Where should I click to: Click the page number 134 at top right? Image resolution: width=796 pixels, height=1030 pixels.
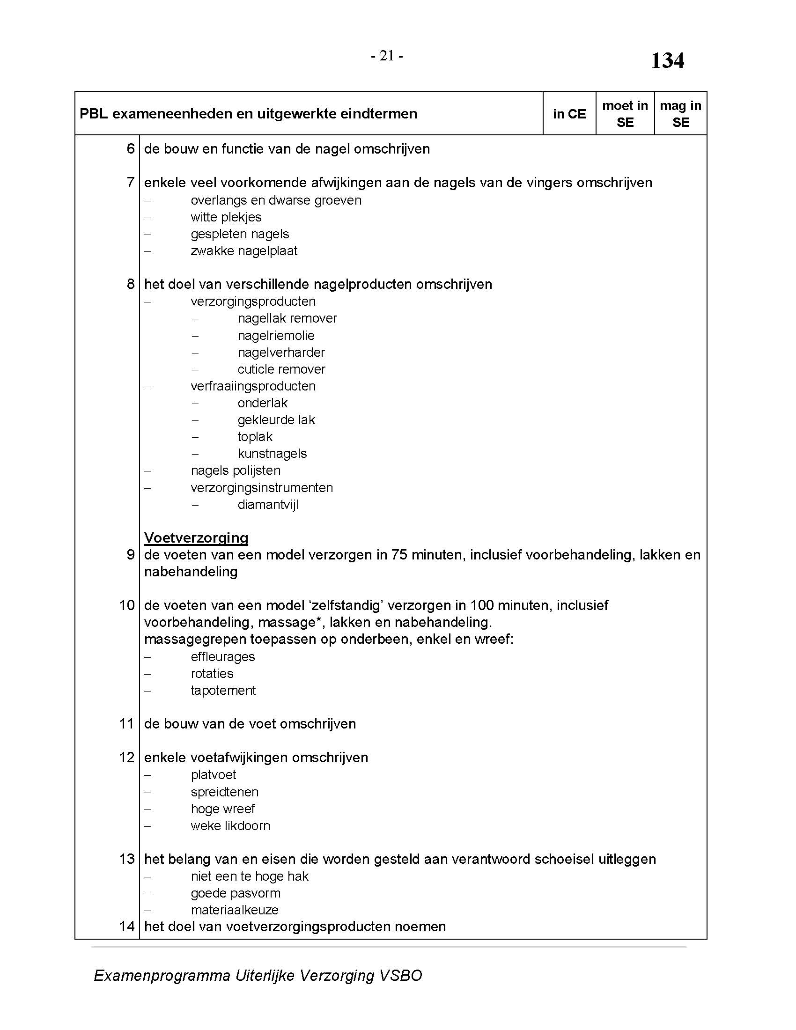(667, 61)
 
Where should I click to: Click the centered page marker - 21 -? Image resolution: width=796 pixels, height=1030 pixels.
(387, 56)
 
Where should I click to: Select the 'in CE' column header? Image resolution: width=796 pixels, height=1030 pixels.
(569, 114)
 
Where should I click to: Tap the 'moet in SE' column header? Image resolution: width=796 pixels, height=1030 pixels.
(625, 114)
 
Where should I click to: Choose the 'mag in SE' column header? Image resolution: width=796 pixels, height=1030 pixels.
(680, 114)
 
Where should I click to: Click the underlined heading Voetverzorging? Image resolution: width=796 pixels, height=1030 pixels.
(196, 537)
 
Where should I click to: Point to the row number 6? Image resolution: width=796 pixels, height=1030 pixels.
(131, 149)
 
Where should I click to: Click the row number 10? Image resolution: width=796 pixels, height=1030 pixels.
(127, 605)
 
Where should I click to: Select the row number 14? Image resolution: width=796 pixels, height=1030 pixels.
(127, 926)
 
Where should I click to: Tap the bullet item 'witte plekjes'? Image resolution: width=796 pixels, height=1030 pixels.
(226, 217)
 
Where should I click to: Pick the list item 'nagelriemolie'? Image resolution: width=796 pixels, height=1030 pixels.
(276, 336)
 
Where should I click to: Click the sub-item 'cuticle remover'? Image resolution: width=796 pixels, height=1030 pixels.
(281, 369)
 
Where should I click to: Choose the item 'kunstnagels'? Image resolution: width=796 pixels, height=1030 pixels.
(272, 454)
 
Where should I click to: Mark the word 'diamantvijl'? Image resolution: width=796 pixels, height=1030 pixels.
(268, 505)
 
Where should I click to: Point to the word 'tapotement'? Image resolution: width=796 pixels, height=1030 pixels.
(223, 691)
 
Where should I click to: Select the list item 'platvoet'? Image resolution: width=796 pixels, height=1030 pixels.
(213, 775)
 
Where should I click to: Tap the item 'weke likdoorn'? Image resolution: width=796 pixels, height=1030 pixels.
(230, 826)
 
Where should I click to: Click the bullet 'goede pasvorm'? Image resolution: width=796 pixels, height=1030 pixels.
(236, 893)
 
